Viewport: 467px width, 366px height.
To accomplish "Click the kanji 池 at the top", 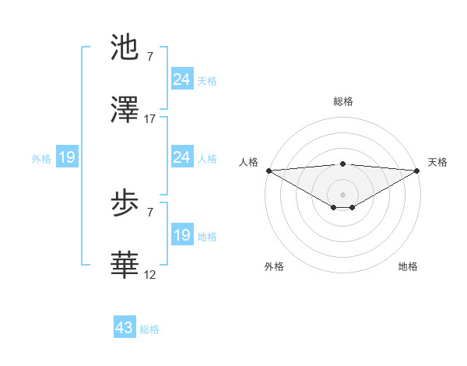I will tap(125, 48).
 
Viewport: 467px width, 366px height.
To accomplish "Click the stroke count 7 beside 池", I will tap(149, 58).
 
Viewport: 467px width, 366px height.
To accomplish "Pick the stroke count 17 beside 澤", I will tap(150, 119).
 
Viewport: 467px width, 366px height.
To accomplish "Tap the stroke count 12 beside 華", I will tap(150, 274).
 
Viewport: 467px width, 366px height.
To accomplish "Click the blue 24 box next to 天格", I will tap(182, 79).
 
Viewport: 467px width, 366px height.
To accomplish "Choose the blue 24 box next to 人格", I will tap(182, 157).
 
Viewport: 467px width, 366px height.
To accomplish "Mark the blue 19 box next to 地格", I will tap(182, 235).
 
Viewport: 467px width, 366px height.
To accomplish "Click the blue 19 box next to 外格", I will tap(67, 158).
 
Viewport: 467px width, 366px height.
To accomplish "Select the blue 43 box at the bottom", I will tap(125, 328).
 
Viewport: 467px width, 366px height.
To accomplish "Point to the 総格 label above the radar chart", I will tap(343, 101).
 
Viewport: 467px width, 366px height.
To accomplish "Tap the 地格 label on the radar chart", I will tap(408, 266).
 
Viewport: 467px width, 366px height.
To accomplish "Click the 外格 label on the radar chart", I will tap(274, 266).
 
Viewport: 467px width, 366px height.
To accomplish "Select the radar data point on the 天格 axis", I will tap(417, 171).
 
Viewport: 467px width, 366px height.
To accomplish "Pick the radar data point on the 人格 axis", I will tap(269, 171).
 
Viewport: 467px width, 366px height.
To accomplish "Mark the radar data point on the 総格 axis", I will tap(343, 164).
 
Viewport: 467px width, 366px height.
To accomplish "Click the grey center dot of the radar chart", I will tap(343, 194).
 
